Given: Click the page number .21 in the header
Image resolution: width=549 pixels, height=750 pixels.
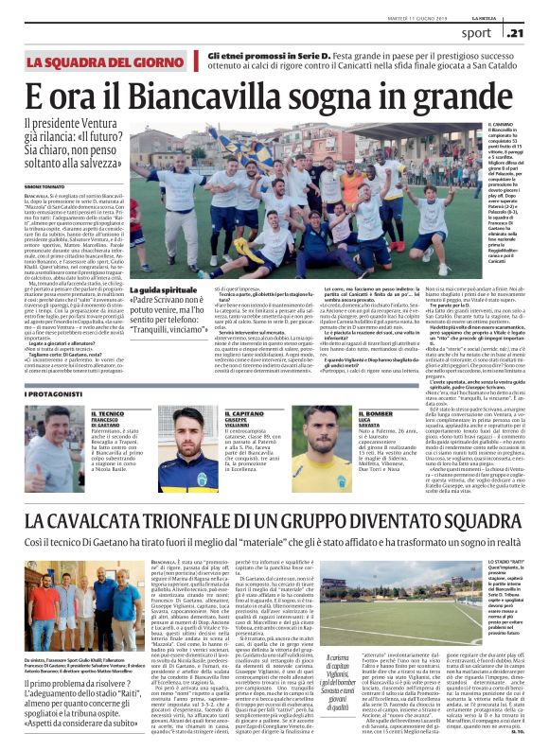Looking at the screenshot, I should [532, 32].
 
